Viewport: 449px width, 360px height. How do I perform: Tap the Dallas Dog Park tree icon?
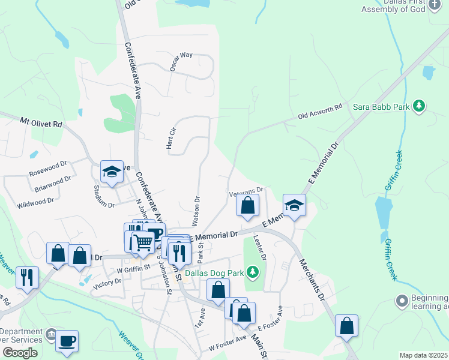coord(253,274)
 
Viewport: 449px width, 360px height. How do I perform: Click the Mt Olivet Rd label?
coord(41,122)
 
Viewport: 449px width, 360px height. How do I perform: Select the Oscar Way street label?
coord(181,62)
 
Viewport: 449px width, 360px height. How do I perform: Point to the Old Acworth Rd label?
coord(321,111)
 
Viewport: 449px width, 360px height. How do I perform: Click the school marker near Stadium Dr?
coord(111,172)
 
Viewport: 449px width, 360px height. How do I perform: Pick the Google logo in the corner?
coord(20,353)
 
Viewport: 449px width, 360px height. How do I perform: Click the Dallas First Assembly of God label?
coord(396,6)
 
